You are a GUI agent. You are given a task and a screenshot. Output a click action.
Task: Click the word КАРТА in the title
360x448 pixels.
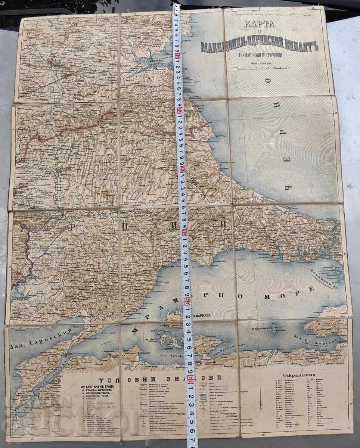tap(259, 25)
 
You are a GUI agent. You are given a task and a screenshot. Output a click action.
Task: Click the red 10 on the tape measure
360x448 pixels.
tap(177, 57)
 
